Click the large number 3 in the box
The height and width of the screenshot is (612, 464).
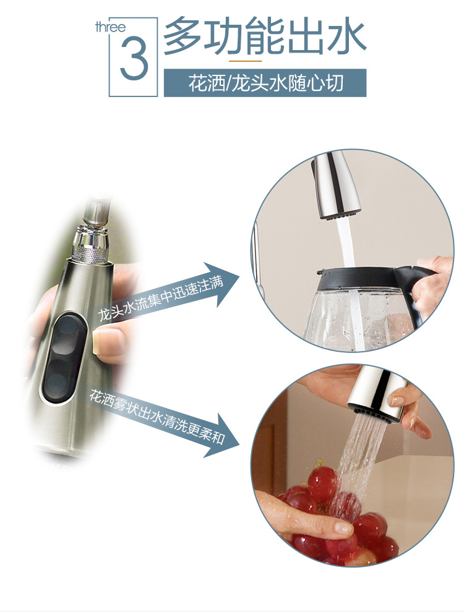pyautogui.click(x=134, y=59)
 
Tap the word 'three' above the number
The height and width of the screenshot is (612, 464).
pyautogui.click(x=111, y=27)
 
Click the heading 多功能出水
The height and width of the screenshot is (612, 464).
pyautogui.click(x=264, y=36)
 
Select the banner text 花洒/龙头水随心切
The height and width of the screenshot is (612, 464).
pyautogui.click(x=265, y=83)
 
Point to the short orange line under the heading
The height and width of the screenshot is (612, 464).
pyautogui.click(x=245, y=61)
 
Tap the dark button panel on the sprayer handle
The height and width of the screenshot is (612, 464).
pyautogui.click(x=65, y=357)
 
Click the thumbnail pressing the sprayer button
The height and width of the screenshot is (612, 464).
pyautogui.click(x=104, y=341)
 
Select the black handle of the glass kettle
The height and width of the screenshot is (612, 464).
pyautogui.click(x=415, y=294)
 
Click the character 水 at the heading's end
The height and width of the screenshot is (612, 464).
pyautogui.click(x=346, y=36)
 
